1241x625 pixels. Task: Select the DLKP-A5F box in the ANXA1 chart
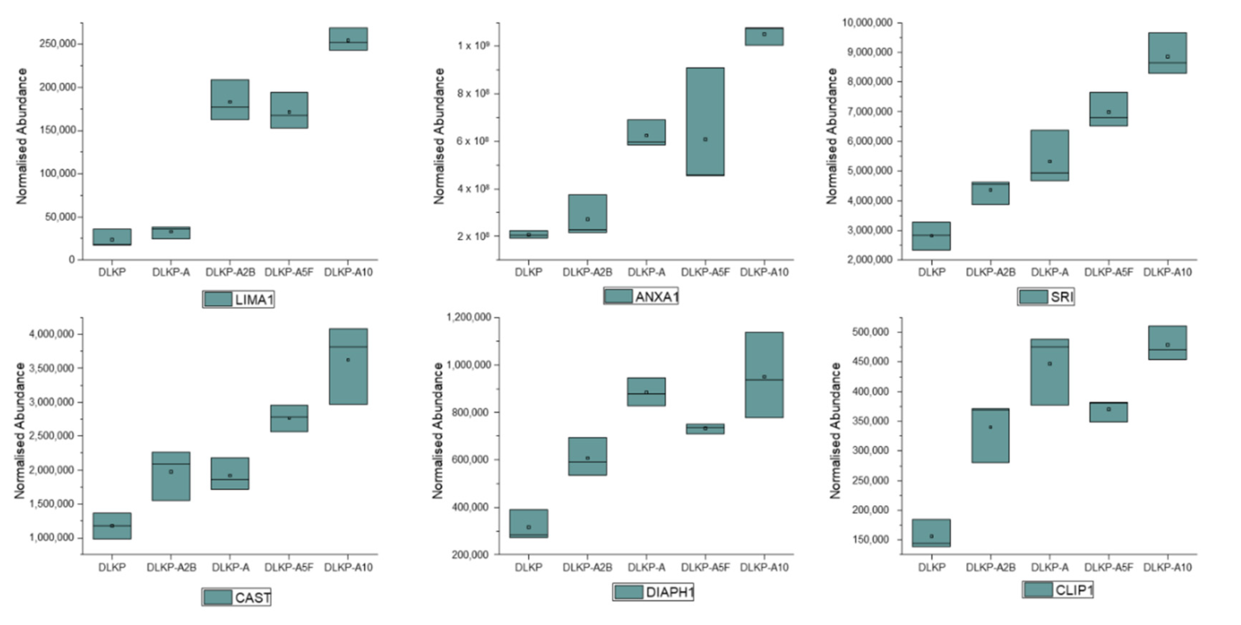[x=705, y=121]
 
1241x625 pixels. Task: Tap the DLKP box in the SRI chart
[x=931, y=236]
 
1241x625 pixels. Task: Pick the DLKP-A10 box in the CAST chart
[x=348, y=366]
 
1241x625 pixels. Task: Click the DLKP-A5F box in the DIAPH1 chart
[x=705, y=429]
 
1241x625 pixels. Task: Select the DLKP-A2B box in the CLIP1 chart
[x=990, y=435]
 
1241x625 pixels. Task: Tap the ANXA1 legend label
[x=656, y=297]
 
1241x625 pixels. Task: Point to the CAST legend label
[x=252, y=598]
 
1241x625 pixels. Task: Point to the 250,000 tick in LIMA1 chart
[x=58, y=44]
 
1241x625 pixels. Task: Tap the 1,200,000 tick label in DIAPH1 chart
[x=469, y=317]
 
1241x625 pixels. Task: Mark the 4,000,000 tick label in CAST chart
[x=52, y=334]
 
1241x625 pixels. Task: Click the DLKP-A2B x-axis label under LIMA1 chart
[x=230, y=272]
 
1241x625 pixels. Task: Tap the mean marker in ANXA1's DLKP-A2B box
[x=587, y=219]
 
